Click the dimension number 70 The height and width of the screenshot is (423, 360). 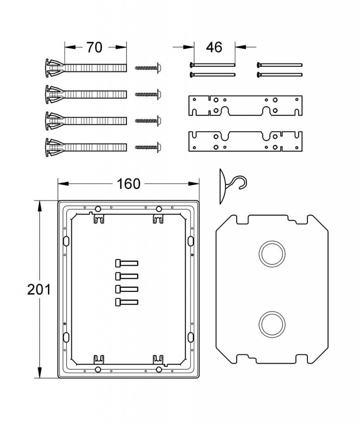coord(94,47)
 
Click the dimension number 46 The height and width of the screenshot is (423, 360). coord(214,47)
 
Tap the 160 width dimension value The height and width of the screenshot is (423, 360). coord(129,184)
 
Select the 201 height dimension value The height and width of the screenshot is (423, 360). coord(39,290)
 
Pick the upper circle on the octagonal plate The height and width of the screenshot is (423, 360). coord(272,254)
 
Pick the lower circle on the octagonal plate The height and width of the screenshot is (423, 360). coord(272,324)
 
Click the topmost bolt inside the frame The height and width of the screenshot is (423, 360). coord(126,263)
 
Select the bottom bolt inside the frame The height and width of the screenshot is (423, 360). coord(126,302)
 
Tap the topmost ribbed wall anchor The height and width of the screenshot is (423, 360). coord(86,68)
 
